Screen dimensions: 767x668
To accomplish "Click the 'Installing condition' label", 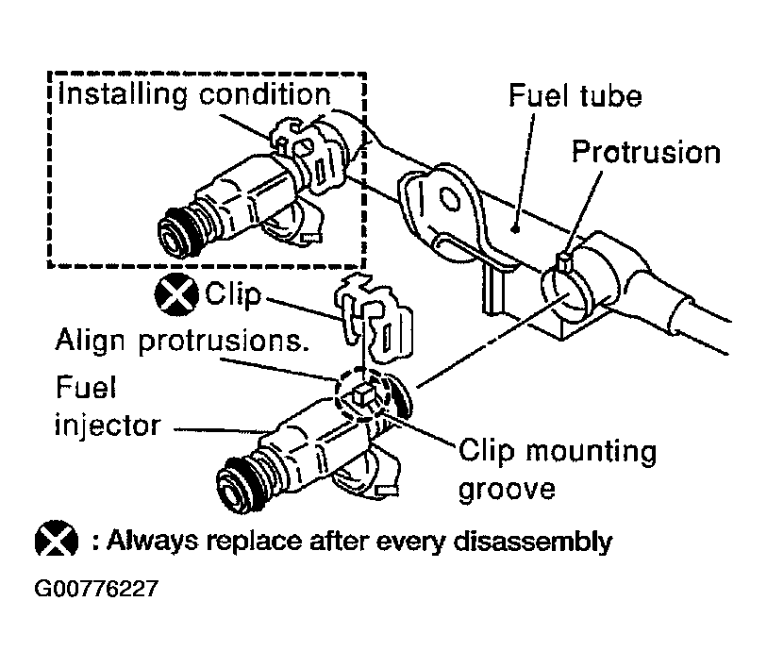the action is [x=193, y=94].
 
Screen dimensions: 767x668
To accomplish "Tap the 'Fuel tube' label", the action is [x=575, y=95].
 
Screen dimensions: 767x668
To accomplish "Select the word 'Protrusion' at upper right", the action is [x=646, y=152].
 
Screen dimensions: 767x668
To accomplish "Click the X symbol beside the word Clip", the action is [x=176, y=294].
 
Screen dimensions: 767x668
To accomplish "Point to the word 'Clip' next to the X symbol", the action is [x=233, y=294].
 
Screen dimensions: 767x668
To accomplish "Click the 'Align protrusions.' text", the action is [x=182, y=341].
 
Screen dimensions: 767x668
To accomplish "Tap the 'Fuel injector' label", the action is [x=108, y=407].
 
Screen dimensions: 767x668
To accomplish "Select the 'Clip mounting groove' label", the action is [x=558, y=470].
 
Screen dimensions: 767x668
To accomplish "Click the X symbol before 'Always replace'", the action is [x=57, y=540].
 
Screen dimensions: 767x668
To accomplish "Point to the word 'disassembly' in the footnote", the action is [x=533, y=542].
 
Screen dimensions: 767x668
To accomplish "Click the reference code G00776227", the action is [x=96, y=588].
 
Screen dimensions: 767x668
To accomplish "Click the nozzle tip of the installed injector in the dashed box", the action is [x=175, y=233].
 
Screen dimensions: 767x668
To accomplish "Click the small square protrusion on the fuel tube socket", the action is [x=563, y=263].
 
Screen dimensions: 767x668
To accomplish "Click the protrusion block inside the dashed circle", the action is [x=362, y=394].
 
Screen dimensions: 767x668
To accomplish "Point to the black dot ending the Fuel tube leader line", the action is [x=514, y=228].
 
